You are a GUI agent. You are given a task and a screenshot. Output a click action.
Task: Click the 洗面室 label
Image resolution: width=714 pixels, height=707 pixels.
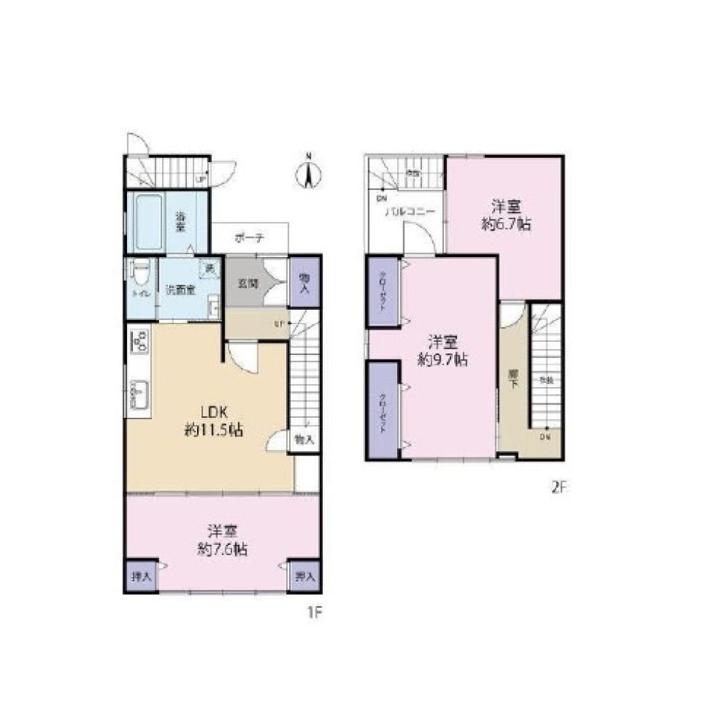pyautogui.click(x=180, y=291)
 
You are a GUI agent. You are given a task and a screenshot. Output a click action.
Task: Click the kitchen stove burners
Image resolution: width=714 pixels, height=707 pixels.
pyautogui.click(x=139, y=341)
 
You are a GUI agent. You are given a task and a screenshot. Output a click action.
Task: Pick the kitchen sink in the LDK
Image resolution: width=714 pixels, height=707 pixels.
pyautogui.click(x=139, y=396)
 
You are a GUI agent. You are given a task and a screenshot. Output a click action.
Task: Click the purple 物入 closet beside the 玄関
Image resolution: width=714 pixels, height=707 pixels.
pyautogui.click(x=304, y=282)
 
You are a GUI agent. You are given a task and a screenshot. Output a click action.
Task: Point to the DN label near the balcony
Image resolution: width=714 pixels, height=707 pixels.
pyautogui.click(x=381, y=198)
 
